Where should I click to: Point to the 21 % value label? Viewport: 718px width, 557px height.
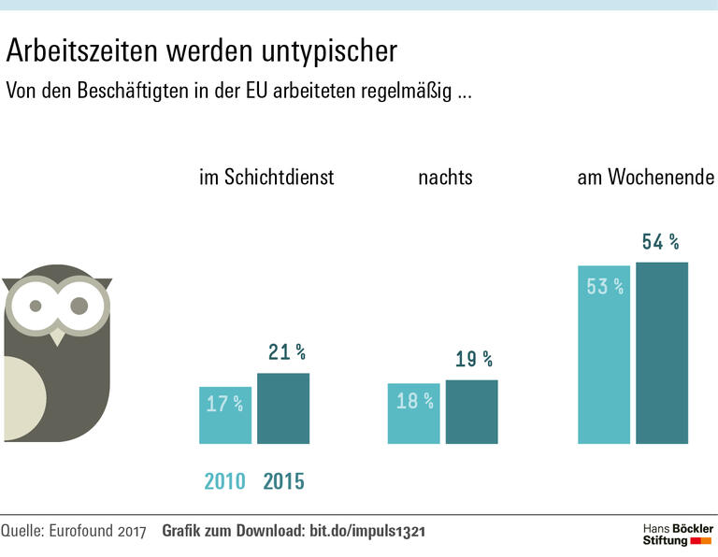[x=287, y=352]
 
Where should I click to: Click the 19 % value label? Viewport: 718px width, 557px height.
[x=473, y=359]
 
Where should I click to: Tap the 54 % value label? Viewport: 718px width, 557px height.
[x=660, y=242]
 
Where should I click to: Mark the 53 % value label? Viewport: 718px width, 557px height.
[x=605, y=287]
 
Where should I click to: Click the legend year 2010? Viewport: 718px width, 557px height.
[x=225, y=481]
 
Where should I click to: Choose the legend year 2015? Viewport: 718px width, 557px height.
[x=284, y=481]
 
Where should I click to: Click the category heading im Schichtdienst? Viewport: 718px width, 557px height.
[x=266, y=177]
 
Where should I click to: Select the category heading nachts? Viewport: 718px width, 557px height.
[x=445, y=177]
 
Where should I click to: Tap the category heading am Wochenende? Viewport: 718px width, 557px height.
[x=647, y=177]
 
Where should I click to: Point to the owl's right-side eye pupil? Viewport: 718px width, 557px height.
[x=79, y=306]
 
